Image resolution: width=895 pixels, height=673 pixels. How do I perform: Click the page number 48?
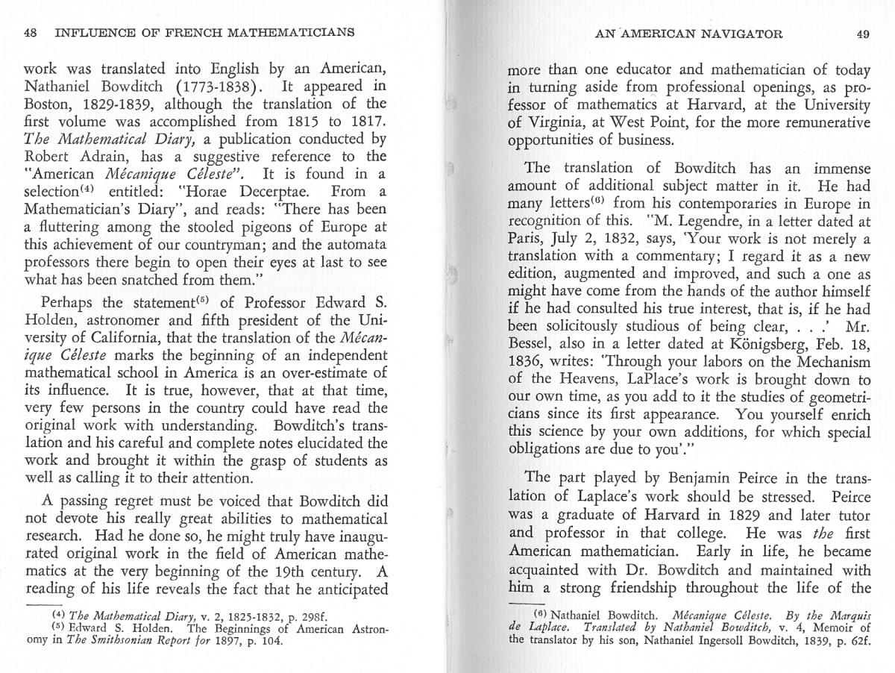click(31, 33)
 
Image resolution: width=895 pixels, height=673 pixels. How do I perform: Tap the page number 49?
click(863, 34)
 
